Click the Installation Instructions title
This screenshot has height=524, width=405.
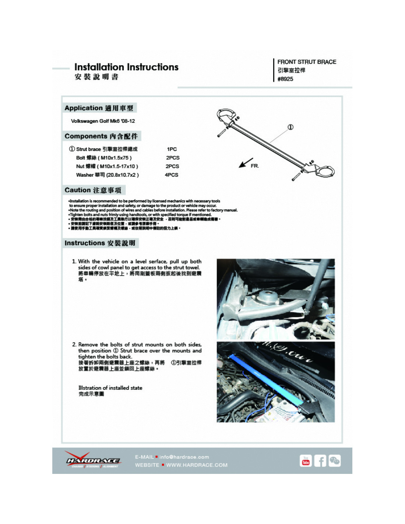[x=126, y=67]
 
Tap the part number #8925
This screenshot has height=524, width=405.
[x=285, y=79]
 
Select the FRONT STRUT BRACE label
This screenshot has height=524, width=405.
[x=307, y=62]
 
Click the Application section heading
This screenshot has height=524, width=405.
[x=99, y=108]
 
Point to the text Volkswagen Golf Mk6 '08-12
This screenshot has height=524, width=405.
[x=103, y=121]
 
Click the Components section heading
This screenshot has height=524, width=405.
[x=101, y=136]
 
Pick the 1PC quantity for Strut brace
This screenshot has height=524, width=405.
[x=172, y=149]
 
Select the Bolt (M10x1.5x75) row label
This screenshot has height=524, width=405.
[x=104, y=158]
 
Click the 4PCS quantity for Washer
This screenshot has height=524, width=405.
[x=172, y=175]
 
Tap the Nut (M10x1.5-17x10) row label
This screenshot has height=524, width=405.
[x=107, y=166]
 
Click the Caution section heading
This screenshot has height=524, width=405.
[x=93, y=190]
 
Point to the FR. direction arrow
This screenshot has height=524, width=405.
[x=246, y=163]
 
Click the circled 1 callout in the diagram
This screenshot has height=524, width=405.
[x=290, y=127]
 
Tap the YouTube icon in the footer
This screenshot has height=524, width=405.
[x=306, y=461]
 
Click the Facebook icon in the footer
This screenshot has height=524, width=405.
[x=320, y=461]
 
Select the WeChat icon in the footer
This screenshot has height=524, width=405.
[x=334, y=461]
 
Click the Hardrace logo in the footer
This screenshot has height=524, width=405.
[x=93, y=461]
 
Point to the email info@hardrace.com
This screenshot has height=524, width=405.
[x=184, y=457]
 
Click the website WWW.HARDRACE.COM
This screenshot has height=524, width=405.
[x=197, y=465]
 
